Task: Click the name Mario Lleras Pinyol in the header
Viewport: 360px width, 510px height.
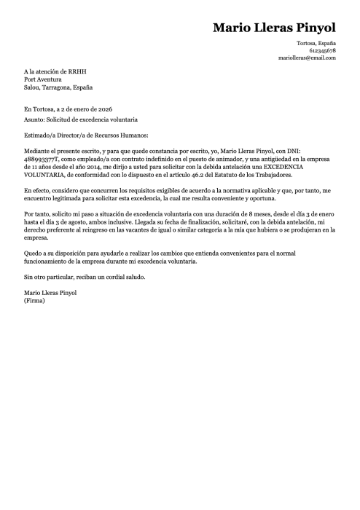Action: (x=274, y=28)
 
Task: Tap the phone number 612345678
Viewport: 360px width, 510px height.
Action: (x=322, y=51)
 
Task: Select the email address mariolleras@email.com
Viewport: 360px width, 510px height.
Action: (x=308, y=58)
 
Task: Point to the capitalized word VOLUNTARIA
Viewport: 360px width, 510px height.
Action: (x=50, y=175)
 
